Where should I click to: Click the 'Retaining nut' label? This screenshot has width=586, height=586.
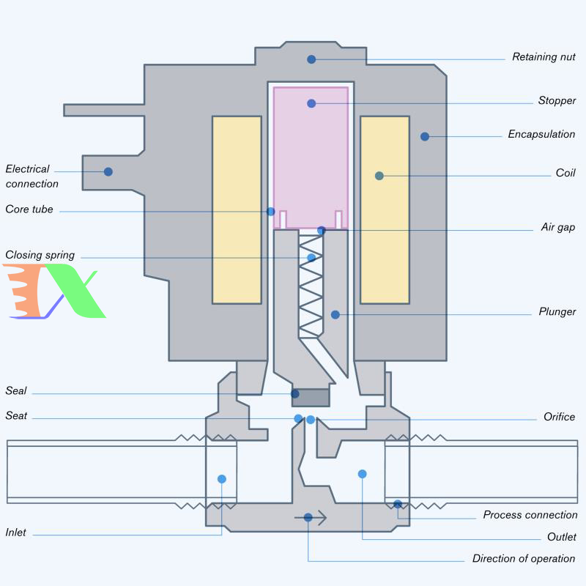(544, 57)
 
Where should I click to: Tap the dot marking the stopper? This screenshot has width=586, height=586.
(311, 103)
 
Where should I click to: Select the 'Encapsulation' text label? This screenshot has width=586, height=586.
(541, 135)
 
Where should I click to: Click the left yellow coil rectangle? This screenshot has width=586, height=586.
(237, 209)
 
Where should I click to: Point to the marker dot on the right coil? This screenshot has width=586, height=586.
(379, 176)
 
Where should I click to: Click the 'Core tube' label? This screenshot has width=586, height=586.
(29, 209)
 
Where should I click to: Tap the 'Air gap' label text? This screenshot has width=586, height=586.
(557, 227)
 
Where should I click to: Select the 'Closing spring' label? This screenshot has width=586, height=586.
(40, 256)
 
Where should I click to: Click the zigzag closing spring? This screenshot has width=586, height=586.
(310, 293)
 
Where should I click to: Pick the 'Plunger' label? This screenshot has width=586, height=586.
(557, 312)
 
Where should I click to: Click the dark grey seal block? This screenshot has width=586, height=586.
(311, 397)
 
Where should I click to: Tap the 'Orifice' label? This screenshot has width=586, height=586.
(559, 417)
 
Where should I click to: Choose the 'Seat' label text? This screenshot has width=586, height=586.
(16, 416)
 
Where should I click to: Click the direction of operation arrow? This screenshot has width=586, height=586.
(311, 518)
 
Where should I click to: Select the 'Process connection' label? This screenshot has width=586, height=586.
(530, 515)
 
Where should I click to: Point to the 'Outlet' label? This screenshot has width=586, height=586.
(561, 537)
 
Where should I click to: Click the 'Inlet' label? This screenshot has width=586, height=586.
(16, 533)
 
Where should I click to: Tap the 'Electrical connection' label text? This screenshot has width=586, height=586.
(31, 177)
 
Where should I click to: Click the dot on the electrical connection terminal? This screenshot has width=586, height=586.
(108, 171)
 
